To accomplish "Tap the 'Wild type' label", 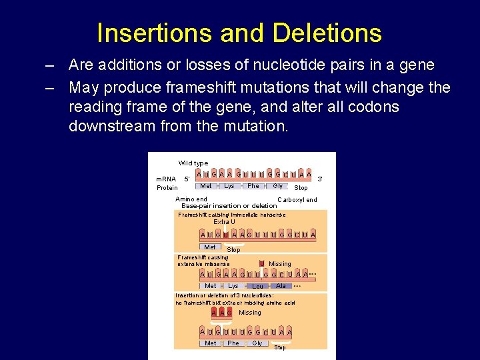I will pyautogui.click(x=193, y=163).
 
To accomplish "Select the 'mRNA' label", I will pyautogui.click(x=166, y=179).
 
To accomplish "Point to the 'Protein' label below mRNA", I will pyautogui.click(x=167, y=187).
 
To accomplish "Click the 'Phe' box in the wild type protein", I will pyautogui.click(x=253, y=186).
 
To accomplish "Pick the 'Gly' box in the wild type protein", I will pyautogui.click(x=277, y=186).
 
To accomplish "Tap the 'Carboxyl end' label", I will pyautogui.click(x=297, y=200).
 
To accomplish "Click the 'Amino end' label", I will pyautogui.click(x=191, y=199).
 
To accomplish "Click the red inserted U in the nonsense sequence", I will pyautogui.click(x=226, y=235).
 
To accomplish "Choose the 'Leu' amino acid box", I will pyautogui.click(x=257, y=287).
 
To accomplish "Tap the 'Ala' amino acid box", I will pyautogui.click(x=281, y=286).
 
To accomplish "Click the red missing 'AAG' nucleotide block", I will pyautogui.click(x=221, y=312).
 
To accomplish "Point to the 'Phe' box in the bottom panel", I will pyautogui.click(x=233, y=343).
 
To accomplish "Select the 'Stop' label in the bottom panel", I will pyautogui.click(x=280, y=347).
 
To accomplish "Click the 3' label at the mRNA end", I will pyautogui.click(x=320, y=179).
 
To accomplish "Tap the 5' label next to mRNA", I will pyautogui.click(x=187, y=179).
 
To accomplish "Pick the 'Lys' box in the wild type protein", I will pyautogui.click(x=229, y=186).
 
